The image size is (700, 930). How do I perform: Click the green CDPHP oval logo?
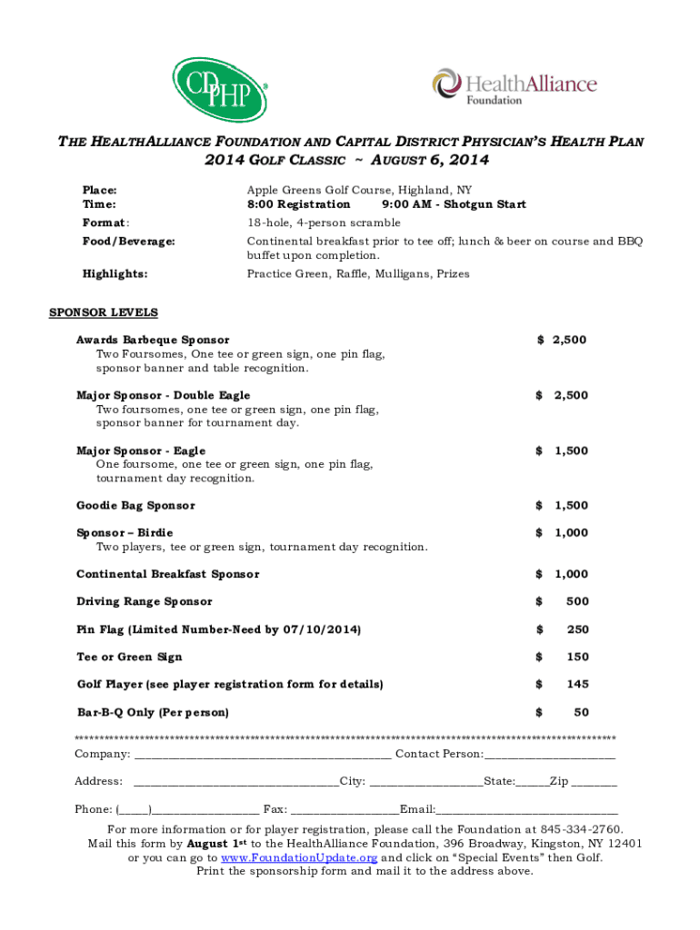(220, 90)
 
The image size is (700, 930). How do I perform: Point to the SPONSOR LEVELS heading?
(103, 312)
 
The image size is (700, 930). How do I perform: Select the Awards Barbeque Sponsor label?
(153, 340)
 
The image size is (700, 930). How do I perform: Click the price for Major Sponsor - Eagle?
(562, 450)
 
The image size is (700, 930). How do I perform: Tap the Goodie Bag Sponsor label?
(135, 505)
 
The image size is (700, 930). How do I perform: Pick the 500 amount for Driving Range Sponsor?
(576, 601)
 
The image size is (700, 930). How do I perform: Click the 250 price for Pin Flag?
(576, 629)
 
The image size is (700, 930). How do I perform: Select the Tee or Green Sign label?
(129, 657)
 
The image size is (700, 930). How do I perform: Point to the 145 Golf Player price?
(576, 684)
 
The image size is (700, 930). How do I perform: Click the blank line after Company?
(263, 755)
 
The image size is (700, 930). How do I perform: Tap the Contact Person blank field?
(550, 755)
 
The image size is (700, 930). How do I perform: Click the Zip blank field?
(595, 782)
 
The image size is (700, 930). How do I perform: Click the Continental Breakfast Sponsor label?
(167, 574)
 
